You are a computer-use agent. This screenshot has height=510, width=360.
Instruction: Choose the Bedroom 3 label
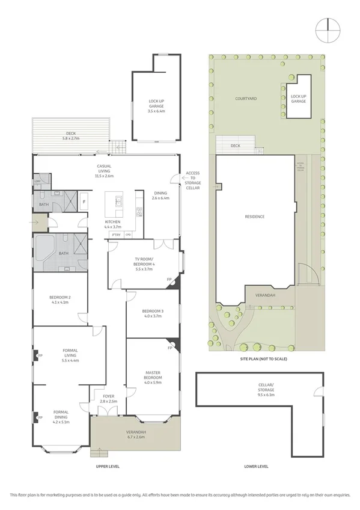click(152, 313)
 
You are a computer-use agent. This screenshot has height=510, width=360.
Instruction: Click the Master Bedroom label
click(152, 376)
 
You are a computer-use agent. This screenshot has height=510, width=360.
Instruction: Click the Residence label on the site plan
click(255, 217)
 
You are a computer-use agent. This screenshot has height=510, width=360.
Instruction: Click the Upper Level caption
click(106, 466)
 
